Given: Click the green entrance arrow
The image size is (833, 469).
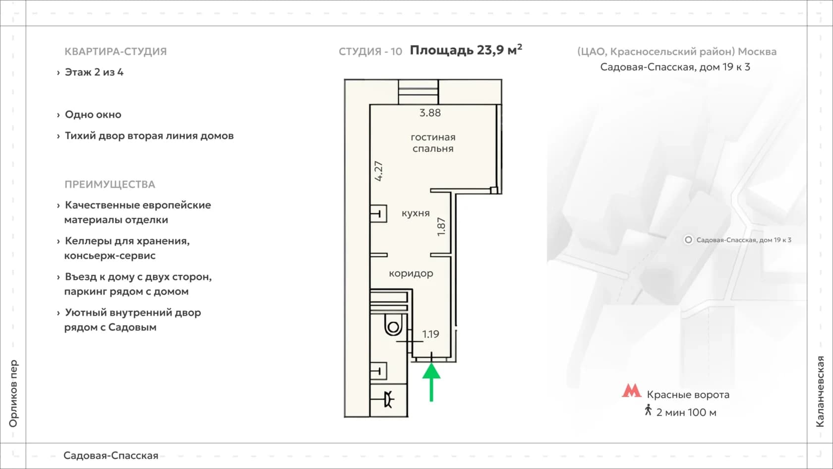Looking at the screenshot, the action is (x=431, y=382).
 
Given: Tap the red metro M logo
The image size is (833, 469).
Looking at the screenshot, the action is (x=632, y=391).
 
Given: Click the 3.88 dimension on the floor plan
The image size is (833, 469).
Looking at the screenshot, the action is (x=430, y=112).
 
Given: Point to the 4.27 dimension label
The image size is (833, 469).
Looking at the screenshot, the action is (x=379, y=171).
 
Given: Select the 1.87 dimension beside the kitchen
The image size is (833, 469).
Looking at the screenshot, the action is (x=441, y=227).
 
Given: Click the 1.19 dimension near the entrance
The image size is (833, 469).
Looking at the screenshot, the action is (x=430, y=334).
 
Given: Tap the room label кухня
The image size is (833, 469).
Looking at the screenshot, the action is (x=416, y=213).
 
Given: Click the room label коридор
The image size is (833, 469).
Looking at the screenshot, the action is (x=411, y=273).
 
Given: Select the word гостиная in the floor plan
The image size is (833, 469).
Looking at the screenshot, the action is (x=433, y=137).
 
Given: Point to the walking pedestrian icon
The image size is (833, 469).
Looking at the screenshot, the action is (x=648, y=410).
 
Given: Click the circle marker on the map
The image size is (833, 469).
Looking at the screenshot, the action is (x=688, y=240).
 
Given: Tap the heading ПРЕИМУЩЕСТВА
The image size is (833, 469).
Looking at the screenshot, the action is (x=110, y=184).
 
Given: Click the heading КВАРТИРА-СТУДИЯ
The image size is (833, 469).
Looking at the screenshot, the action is (x=116, y=52).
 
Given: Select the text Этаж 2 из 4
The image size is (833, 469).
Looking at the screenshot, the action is (x=94, y=72).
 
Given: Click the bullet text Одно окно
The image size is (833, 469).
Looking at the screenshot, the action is (x=93, y=114).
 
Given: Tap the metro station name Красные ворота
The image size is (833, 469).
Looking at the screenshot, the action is (x=688, y=395).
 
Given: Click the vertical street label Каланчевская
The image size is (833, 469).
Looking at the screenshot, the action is (x=820, y=391).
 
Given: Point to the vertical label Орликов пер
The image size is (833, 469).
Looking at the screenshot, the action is (x=13, y=394).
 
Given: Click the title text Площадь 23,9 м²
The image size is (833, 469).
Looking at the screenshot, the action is (x=466, y=50).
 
